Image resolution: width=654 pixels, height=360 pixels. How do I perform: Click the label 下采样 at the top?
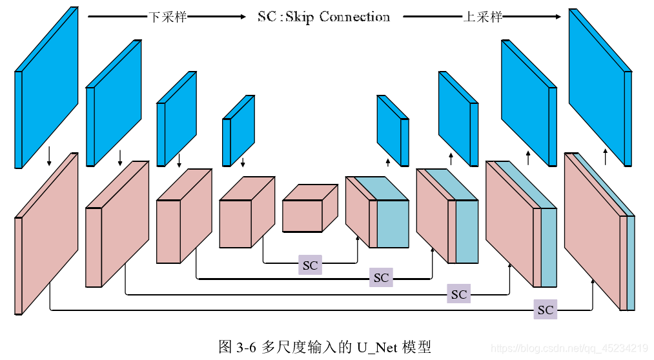(167, 17)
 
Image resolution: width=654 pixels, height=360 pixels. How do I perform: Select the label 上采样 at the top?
(482, 17)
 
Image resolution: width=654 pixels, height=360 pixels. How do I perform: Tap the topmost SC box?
(310, 265)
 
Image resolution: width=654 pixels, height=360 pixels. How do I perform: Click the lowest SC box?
(545, 310)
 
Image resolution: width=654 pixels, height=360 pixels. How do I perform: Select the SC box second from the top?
(381, 278)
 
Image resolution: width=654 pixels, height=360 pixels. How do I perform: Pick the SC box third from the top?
(458, 294)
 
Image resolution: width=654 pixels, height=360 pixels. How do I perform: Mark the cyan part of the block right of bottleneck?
(392, 223)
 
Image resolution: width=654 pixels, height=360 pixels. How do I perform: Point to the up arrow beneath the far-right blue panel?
(605, 156)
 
